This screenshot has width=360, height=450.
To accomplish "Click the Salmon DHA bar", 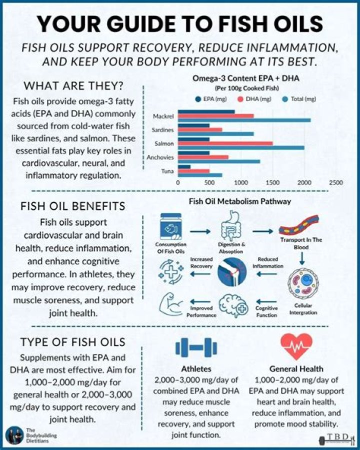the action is [x=225, y=143].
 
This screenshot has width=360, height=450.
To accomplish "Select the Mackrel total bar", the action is [x=244, y=120].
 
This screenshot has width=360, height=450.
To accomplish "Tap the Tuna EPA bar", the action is [x=184, y=167].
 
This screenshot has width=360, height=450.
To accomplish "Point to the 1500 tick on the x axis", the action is [x=272, y=183].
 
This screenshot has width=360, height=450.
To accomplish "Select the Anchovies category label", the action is [x=160, y=157].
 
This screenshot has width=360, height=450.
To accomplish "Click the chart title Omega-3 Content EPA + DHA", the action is [x=246, y=78].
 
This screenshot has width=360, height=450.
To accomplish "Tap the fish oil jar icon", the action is [x=171, y=226].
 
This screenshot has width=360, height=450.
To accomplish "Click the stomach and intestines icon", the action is [x=231, y=226].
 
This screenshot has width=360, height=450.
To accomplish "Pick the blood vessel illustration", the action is [x=299, y=226].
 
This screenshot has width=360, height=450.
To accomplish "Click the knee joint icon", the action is [x=232, y=271].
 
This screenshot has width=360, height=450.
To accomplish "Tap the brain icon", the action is [x=233, y=306].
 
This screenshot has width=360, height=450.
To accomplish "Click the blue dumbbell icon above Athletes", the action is [x=196, y=347].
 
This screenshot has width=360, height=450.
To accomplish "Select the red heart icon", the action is [x=296, y=346].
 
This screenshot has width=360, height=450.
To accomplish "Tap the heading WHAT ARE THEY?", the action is [x=73, y=86].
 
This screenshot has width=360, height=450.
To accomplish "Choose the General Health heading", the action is [x=296, y=369].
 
